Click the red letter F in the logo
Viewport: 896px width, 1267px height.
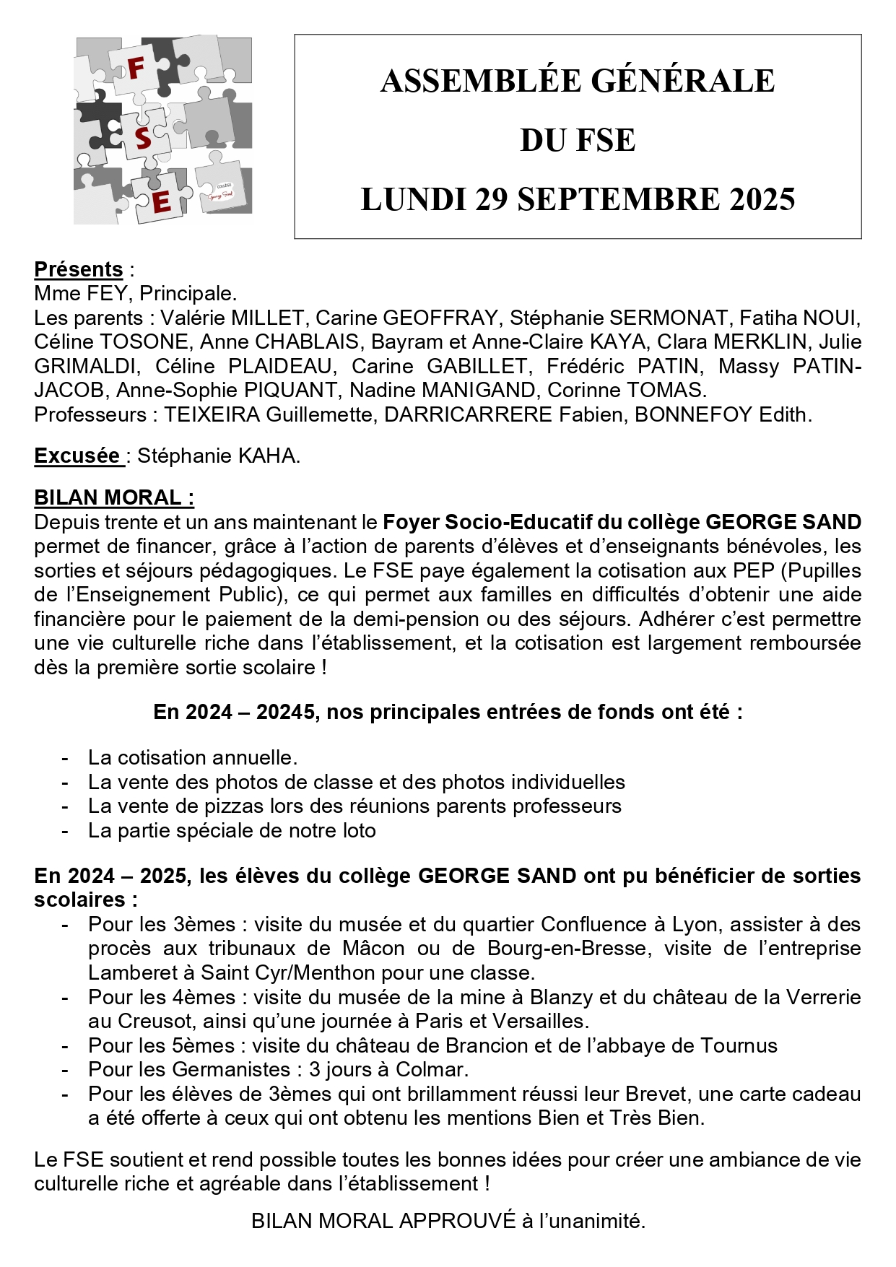click(136, 69)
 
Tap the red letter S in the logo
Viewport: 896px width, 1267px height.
click(143, 137)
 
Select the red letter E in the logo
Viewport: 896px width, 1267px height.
click(162, 201)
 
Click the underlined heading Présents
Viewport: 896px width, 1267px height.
click(79, 269)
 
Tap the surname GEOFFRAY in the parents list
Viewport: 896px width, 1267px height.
click(440, 318)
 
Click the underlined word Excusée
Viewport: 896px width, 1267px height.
click(77, 456)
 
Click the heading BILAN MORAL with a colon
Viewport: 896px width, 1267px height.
click(113, 498)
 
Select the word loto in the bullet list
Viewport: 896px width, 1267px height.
click(360, 830)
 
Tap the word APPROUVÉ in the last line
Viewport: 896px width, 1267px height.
click(457, 1221)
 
